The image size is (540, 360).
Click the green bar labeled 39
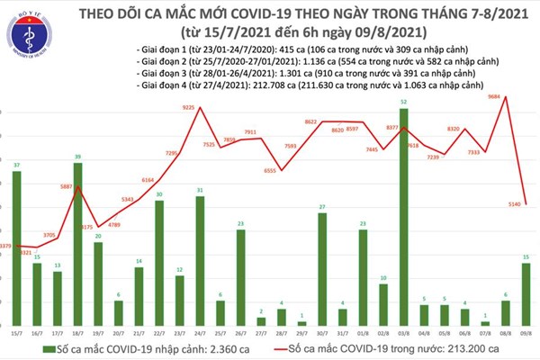pyautogui.click(x=77, y=243)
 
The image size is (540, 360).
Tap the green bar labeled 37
pyautogui.click(x=16, y=247)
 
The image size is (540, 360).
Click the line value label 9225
pyautogui.click(x=188, y=108)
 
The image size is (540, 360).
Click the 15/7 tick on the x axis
pyautogui.click(x=16, y=333)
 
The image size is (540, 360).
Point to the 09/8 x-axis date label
pyautogui.click(x=526, y=333)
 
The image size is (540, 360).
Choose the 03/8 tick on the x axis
pyautogui.click(x=404, y=333)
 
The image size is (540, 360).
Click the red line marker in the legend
pyautogui.click(x=275, y=348)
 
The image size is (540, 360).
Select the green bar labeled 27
pyautogui.click(x=322, y=269)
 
